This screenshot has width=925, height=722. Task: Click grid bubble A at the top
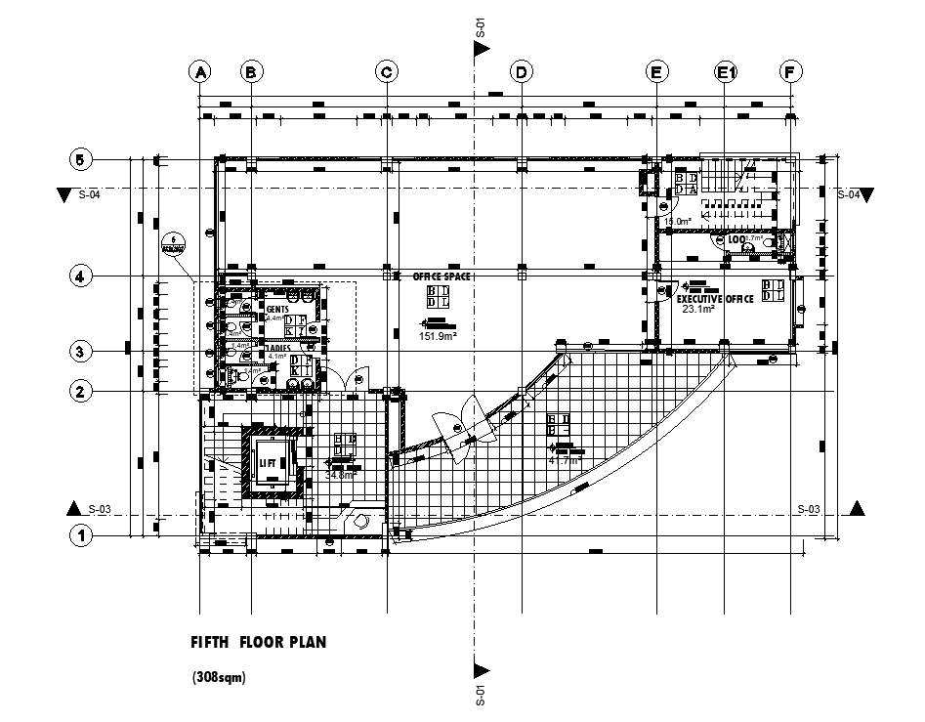click(200, 71)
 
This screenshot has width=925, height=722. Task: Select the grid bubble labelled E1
click(725, 71)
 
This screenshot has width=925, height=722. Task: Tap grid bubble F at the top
click(790, 71)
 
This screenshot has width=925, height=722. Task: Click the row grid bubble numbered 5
click(81, 159)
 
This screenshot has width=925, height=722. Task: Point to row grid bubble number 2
click(81, 392)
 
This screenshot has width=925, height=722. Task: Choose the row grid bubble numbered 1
click(81, 535)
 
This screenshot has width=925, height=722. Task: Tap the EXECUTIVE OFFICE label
click(715, 299)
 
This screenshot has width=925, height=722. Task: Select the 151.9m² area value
click(440, 336)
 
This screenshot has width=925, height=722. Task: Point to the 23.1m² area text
click(697, 310)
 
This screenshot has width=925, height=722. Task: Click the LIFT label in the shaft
click(268, 462)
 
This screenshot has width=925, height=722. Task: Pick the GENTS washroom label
click(264, 309)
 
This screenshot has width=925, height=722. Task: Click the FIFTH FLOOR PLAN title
click(258, 643)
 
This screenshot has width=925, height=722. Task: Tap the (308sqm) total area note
click(219, 677)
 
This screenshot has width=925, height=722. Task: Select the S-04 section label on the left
click(90, 194)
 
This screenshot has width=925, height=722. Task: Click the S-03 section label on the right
click(809, 508)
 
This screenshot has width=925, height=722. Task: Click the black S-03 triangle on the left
click(72, 508)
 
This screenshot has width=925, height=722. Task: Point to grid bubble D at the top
click(522, 71)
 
